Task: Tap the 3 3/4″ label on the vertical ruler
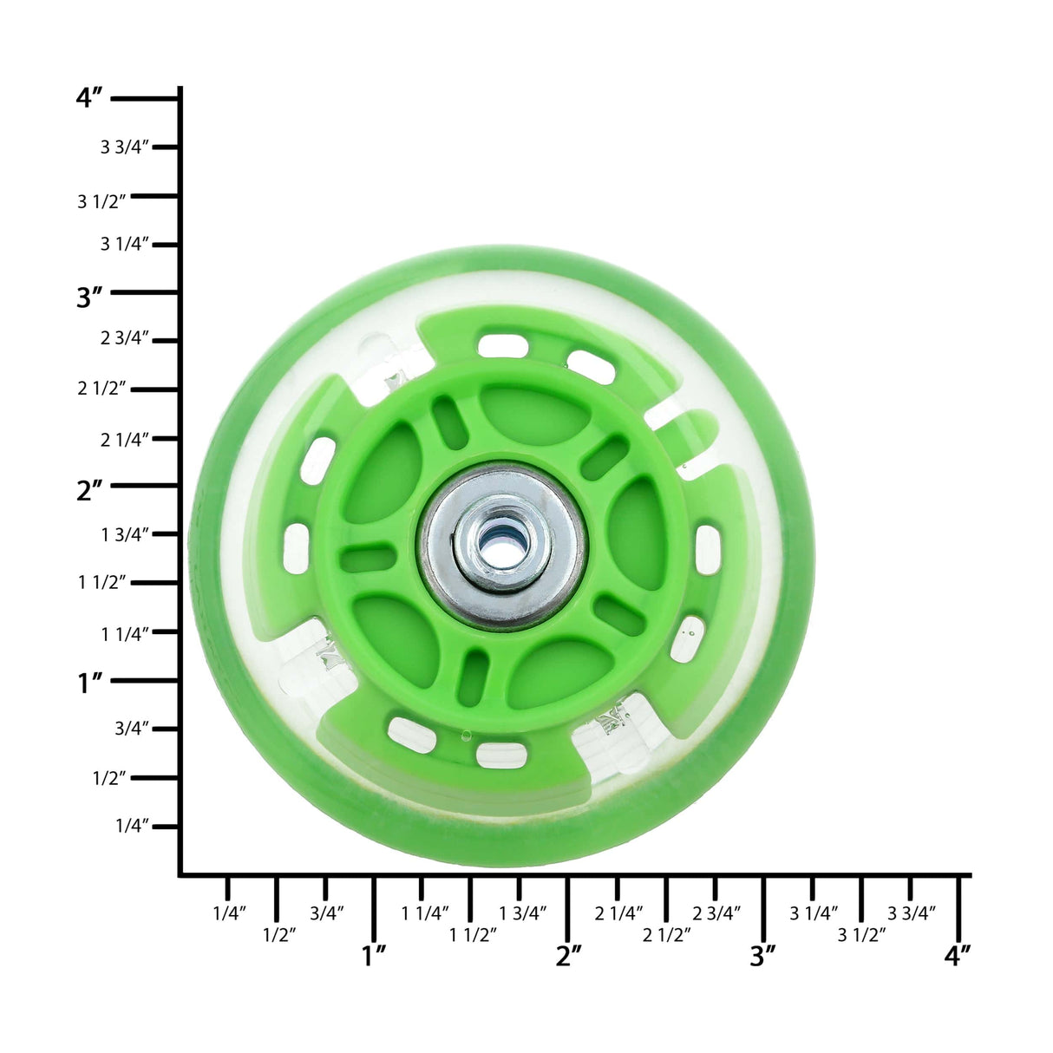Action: [x=126, y=147]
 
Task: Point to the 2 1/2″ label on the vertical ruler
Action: [x=102, y=389]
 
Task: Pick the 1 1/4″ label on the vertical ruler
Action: [x=126, y=634]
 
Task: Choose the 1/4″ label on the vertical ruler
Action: [x=133, y=825]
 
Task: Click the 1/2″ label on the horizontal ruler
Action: [x=278, y=934]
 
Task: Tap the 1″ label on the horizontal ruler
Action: [x=374, y=956]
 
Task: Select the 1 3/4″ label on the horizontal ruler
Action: [x=523, y=912]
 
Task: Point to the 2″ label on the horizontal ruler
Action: [x=569, y=956]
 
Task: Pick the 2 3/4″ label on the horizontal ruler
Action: [x=716, y=912]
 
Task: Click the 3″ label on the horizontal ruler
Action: [x=763, y=956]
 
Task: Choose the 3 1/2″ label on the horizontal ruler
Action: [x=861, y=934]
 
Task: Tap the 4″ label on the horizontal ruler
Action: [x=958, y=956]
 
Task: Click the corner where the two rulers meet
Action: [x=180, y=874]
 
